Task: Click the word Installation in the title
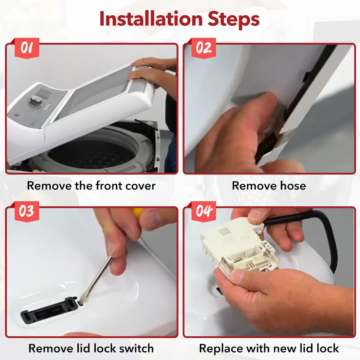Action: pos(151,19)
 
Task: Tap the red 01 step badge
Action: pos(27,48)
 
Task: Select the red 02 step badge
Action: pos(204,48)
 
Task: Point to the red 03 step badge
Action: pos(27,211)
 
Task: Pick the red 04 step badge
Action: pos(204,211)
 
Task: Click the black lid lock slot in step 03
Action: pos(48,310)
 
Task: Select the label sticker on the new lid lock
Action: pos(224,231)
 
